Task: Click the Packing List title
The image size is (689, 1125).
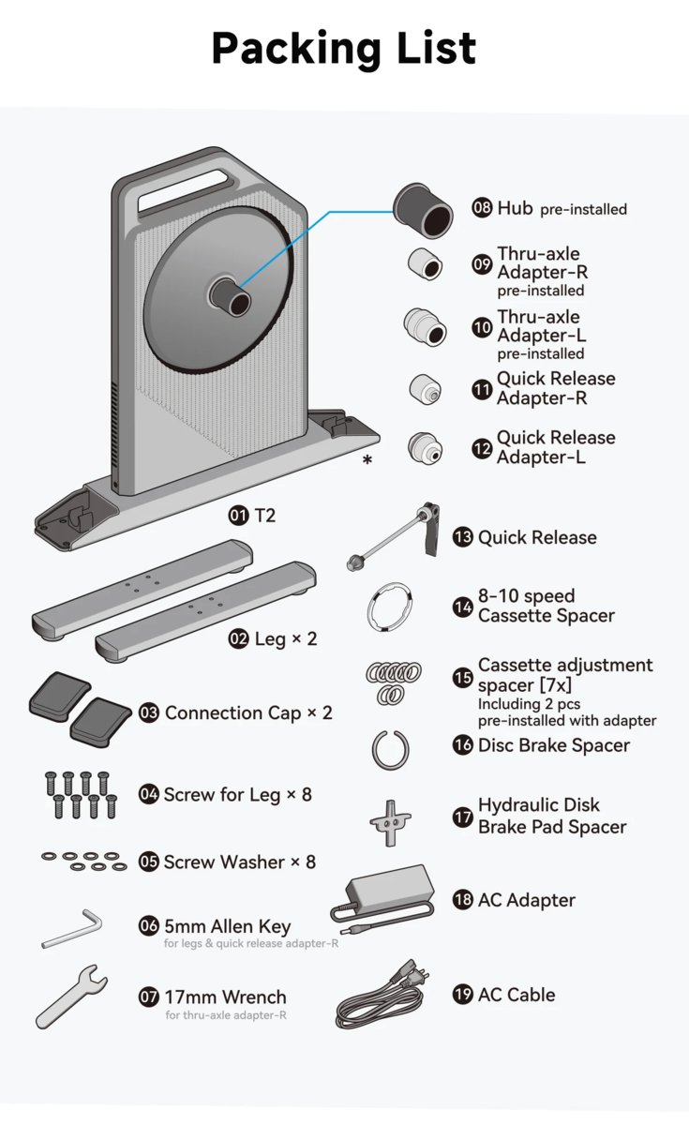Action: (x=344, y=48)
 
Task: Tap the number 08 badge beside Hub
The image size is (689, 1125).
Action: (x=482, y=208)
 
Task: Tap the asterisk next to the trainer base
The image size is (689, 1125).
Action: (x=367, y=459)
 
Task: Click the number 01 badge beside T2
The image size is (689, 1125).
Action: (x=238, y=515)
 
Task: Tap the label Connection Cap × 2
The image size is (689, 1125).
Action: (x=248, y=712)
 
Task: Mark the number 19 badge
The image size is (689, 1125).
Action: (x=462, y=995)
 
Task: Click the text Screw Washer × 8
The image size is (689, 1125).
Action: (x=239, y=862)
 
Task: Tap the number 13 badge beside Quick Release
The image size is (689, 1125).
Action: (x=462, y=537)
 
